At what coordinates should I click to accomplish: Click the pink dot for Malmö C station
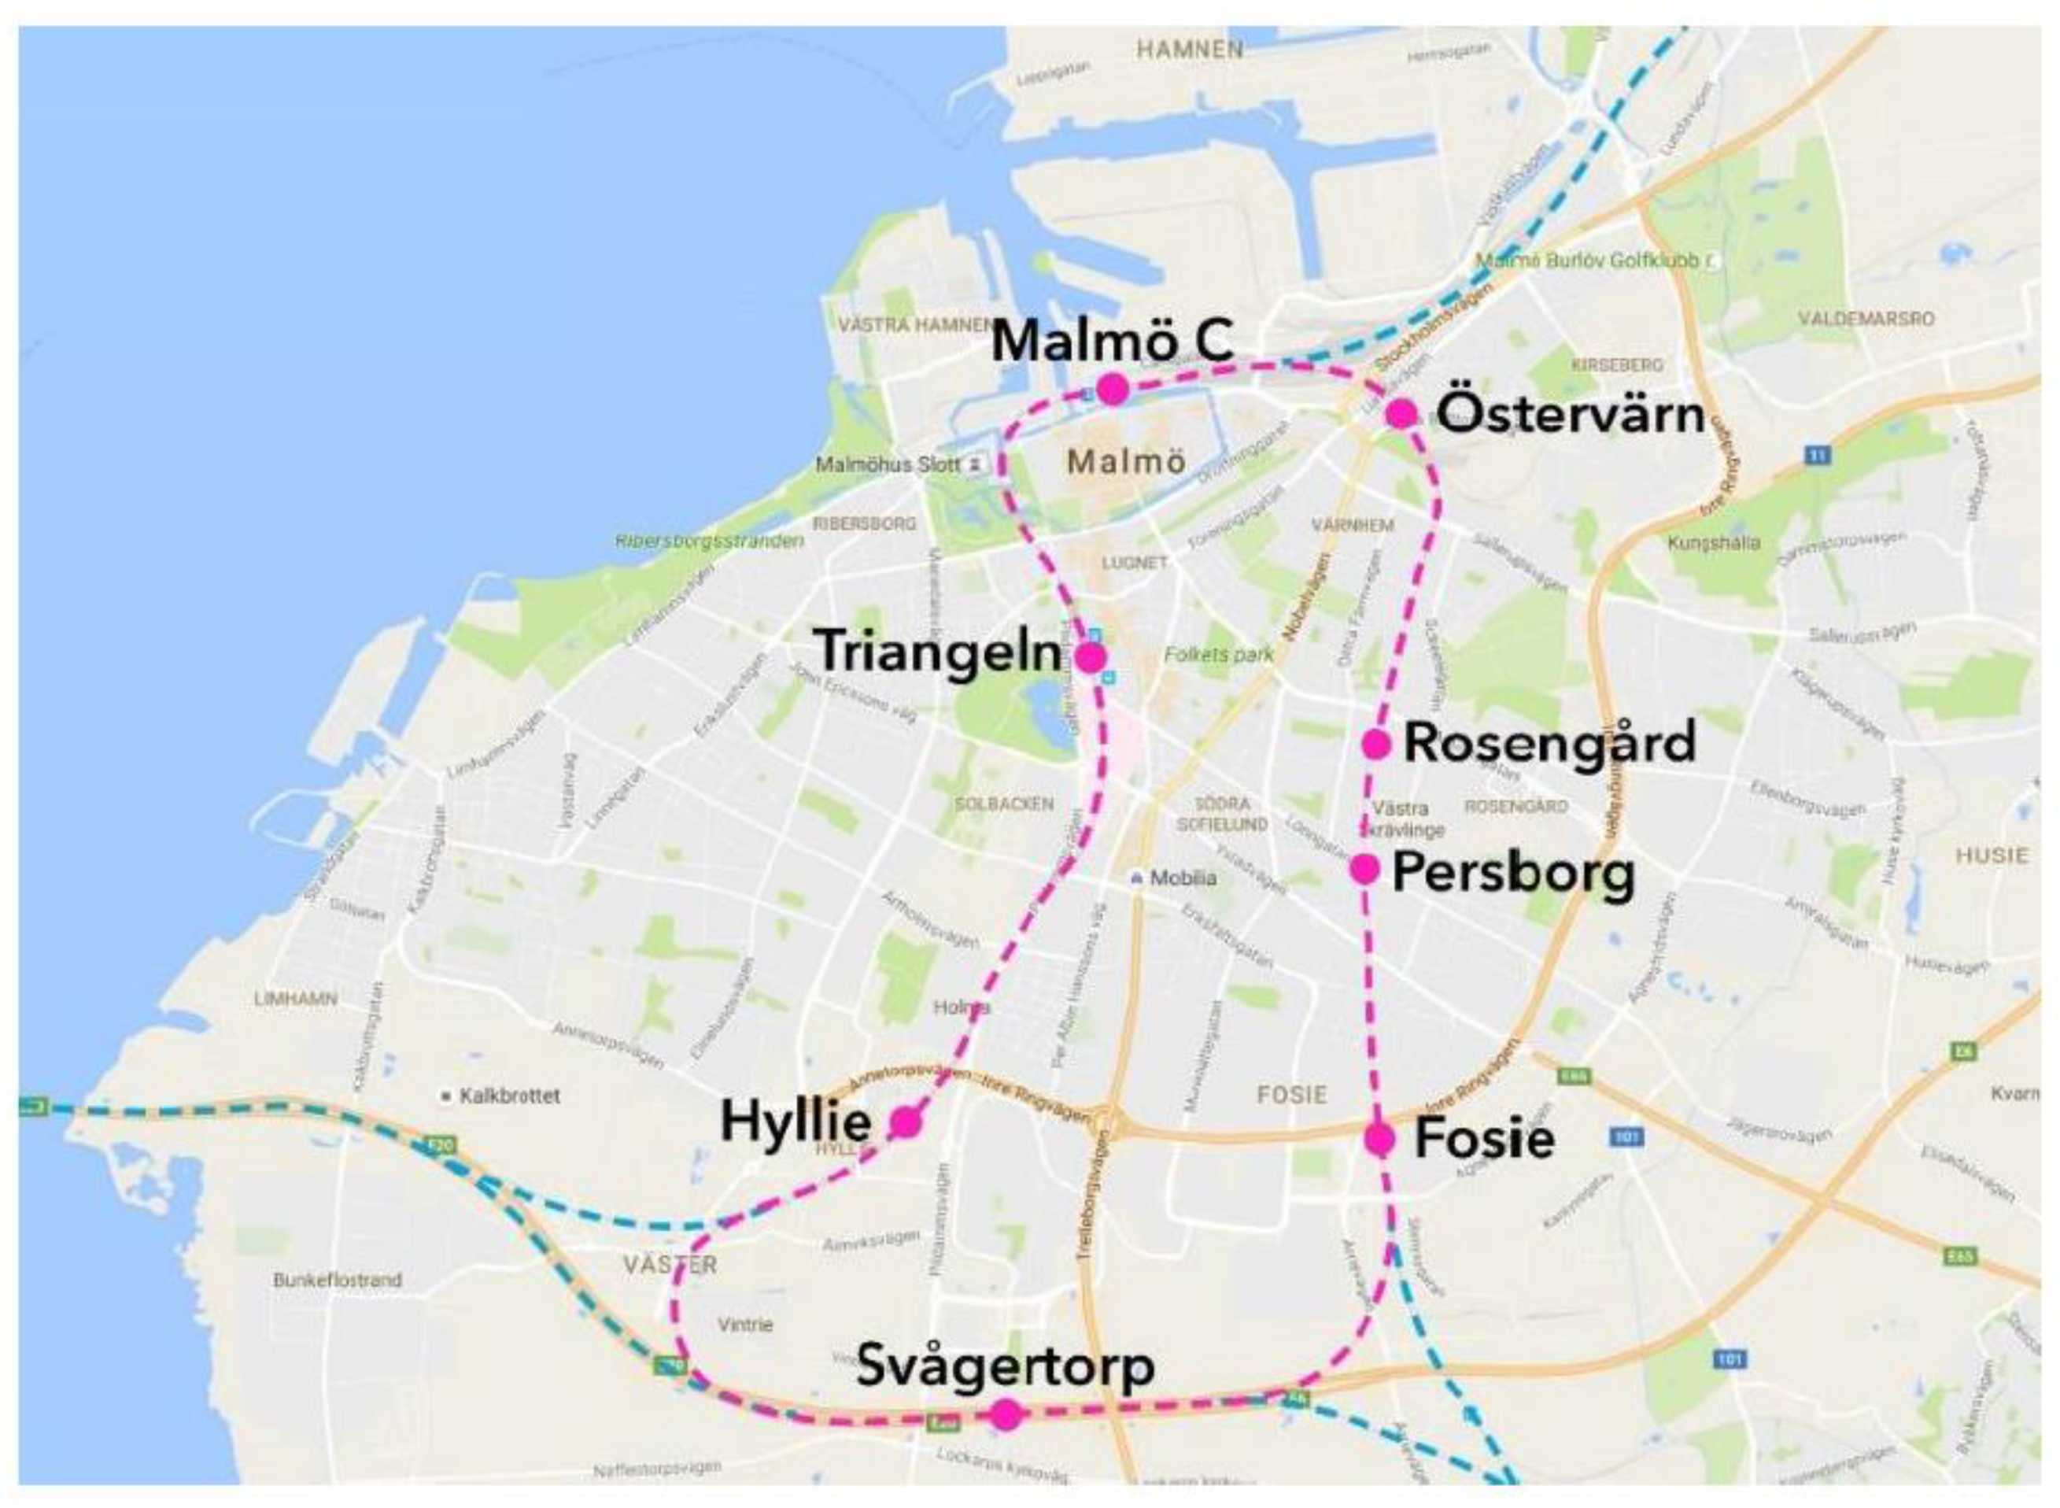[x=1112, y=390]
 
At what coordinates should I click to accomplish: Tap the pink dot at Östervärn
[x=1401, y=413]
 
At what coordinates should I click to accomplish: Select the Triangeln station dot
[x=1090, y=656]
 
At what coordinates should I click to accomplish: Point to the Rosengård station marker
[x=1376, y=744]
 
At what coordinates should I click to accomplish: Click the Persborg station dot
[x=1364, y=869]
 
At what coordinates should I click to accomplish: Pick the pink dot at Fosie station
[x=1379, y=1138]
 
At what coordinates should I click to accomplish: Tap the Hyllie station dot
[x=905, y=1122]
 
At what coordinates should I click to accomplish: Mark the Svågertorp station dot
[x=1006, y=1415]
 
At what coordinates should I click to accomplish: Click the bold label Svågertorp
[x=1006, y=1366]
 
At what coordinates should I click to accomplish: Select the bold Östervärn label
[x=1570, y=416]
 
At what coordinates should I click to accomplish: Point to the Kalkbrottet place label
[x=509, y=1096]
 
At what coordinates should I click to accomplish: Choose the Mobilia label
[x=1182, y=878]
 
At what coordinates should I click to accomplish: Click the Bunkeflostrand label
[x=337, y=1280]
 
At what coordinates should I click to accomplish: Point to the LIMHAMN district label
[x=296, y=999]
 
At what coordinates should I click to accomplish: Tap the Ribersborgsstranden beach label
[x=709, y=541]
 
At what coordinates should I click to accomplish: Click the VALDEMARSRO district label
[x=1866, y=319]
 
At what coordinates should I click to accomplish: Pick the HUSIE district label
[x=1992, y=856]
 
